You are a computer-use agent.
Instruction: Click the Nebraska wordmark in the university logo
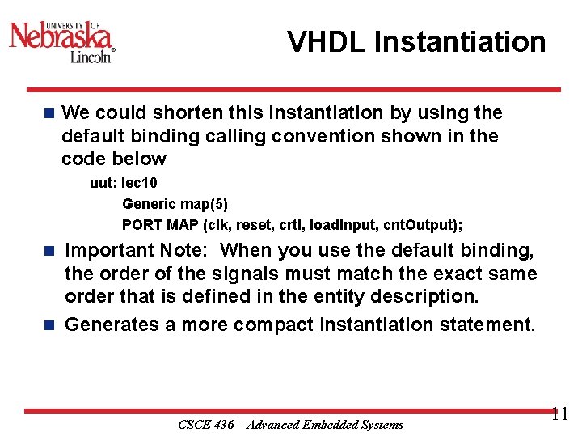[x=61, y=36]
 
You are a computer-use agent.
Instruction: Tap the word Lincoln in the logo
[x=91, y=57]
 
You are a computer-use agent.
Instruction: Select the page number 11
[x=559, y=415]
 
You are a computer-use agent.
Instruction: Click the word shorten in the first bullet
[x=179, y=113]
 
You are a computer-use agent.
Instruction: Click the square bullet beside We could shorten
[x=49, y=113]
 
